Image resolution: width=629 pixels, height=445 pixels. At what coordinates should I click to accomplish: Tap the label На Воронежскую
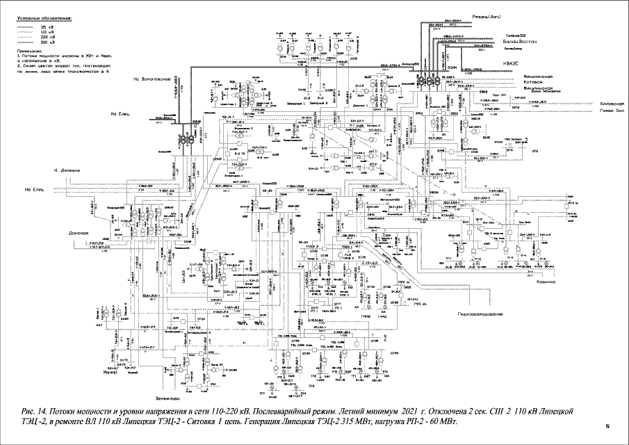(152, 79)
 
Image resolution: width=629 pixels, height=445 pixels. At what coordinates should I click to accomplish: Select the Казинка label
(543, 282)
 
